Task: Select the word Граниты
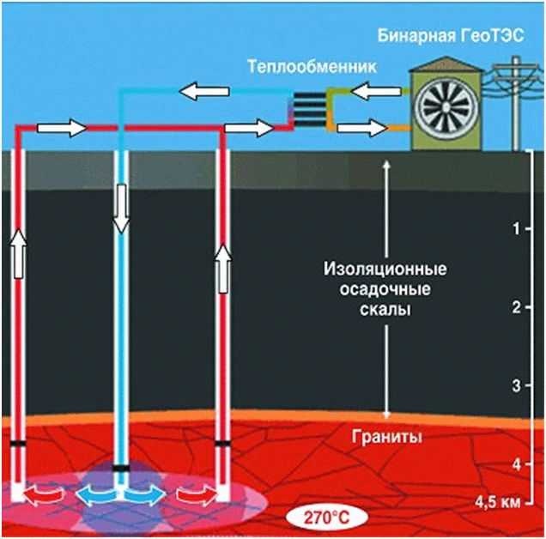(386, 436)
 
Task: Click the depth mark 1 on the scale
(515, 229)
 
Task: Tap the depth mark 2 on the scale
(515, 307)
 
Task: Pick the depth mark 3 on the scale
(515, 385)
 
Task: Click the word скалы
(386, 309)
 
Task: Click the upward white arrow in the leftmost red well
(18, 254)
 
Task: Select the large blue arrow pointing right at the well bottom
(145, 496)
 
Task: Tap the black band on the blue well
(121, 468)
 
